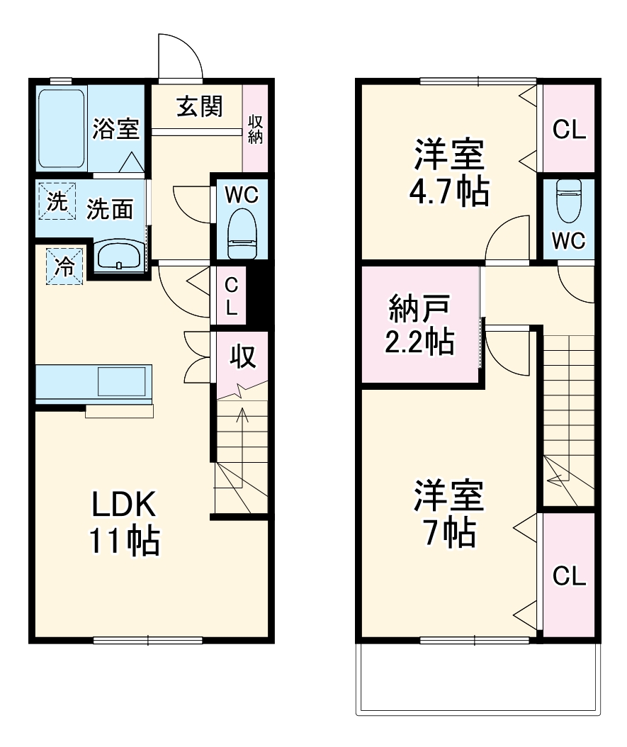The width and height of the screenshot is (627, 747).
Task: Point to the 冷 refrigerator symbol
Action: click(64, 266)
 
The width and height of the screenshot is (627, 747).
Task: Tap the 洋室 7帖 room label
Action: click(450, 514)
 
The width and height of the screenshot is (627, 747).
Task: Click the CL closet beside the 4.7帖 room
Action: click(569, 130)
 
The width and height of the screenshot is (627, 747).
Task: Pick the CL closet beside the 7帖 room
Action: click(569, 575)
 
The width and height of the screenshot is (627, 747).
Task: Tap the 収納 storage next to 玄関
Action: click(256, 128)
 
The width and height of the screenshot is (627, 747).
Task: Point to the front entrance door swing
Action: click(178, 57)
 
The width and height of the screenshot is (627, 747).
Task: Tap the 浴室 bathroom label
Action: click(115, 130)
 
